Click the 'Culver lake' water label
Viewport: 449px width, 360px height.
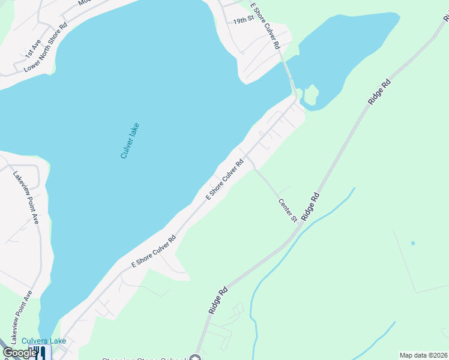tap(130, 140)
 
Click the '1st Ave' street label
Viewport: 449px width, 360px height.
tap(32, 49)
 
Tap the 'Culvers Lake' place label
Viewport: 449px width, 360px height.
tap(44, 341)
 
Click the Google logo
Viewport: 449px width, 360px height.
tap(19, 353)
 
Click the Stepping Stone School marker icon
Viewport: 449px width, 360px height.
tap(195, 358)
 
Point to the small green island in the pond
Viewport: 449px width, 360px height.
tap(311, 94)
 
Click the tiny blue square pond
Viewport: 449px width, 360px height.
tap(413, 243)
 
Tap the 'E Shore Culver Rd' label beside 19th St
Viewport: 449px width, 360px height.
tap(265, 25)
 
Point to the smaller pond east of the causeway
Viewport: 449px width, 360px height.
tap(348, 54)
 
